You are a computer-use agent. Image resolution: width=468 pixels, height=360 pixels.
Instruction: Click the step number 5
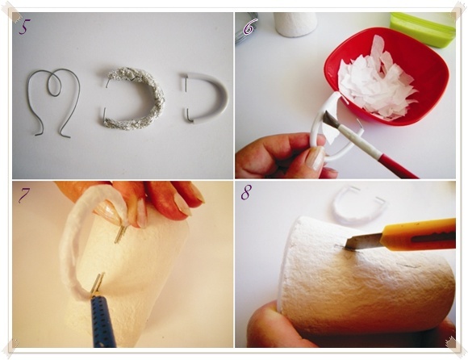pyautogui.click(x=25, y=27)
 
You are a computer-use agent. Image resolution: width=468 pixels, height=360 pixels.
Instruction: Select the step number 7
pyautogui.click(x=25, y=195)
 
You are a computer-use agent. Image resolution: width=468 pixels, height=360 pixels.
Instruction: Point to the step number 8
pyautogui.click(x=247, y=192)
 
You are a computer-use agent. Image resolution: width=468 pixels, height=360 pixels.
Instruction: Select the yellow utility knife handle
pyautogui.click(x=419, y=234)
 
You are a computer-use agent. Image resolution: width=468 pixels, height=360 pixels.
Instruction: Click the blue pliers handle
pyautogui.click(x=103, y=321)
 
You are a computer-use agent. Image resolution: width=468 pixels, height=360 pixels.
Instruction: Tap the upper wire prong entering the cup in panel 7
pyautogui.click(x=121, y=233)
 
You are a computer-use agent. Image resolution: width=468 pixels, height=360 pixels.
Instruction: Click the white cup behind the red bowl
pyautogui.click(x=295, y=24)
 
